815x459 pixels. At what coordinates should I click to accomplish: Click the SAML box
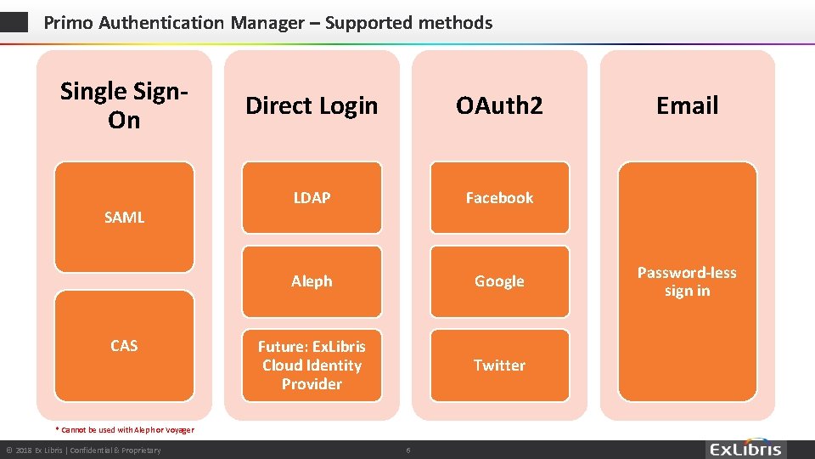[124, 217]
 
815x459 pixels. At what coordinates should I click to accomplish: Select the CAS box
[124, 345]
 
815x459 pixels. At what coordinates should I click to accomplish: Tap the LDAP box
[312, 197]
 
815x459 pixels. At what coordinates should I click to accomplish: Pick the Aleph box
[312, 280]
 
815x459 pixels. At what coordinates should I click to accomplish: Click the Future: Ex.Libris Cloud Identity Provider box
[312, 365]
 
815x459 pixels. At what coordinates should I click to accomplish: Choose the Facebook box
[499, 197]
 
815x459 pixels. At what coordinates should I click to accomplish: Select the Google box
[499, 280]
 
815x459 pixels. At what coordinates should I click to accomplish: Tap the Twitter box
[499, 365]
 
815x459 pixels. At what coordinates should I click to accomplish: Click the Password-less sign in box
[687, 281]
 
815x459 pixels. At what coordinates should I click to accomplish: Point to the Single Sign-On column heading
[124, 105]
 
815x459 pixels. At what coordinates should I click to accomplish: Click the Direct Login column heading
[312, 105]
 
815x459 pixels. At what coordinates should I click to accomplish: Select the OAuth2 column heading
[499, 105]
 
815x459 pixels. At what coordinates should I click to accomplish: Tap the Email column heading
[687, 105]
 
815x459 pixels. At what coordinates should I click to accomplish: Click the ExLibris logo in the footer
[746, 449]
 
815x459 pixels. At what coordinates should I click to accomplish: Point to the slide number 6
[407, 450]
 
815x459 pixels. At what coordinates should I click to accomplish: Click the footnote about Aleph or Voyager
[124, 430]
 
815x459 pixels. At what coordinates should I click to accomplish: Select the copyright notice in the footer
[83, 450]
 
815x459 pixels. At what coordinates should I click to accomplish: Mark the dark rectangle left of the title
[14, 22]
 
